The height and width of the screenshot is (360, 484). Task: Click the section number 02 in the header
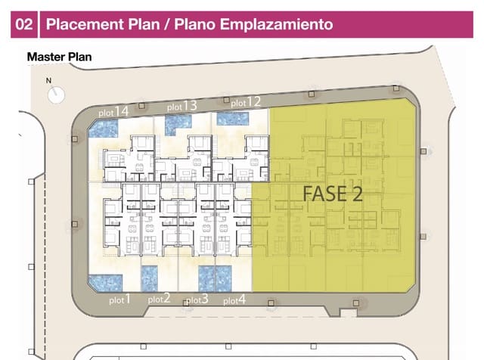(x=23, y=24)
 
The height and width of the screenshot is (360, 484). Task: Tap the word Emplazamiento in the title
(x=277, y=24)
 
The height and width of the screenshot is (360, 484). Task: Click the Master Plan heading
(x=59, y=57)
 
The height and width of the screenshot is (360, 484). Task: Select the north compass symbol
(x=56, y=95)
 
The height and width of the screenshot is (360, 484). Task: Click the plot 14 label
(x=113, y=111)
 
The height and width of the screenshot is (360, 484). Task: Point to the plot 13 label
(x=181, y=106)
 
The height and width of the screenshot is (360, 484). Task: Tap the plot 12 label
(x=246, y=101)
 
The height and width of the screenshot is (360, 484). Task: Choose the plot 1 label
(x=120, y=299)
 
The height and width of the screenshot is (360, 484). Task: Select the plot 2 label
(x=160, y=299)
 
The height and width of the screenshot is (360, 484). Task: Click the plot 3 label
(x=197, y=299)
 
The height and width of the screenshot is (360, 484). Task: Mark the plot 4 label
(x=234, y=299)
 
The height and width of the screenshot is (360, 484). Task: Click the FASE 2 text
(x=333, y=194)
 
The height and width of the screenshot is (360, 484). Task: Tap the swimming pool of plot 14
(x=104, y=129)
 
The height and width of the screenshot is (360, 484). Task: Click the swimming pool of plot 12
(x=233, y=119)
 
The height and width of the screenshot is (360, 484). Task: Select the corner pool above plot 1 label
(x=106, y=284)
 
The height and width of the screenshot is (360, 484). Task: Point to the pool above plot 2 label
(x=150, y=279)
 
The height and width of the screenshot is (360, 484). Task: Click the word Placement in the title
(x=84, y=24)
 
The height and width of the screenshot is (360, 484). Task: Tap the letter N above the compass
(x=48, y=81)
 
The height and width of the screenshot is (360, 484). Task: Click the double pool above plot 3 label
(x=215, y=279)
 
